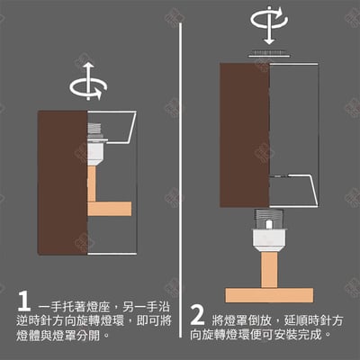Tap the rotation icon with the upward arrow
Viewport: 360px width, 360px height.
coord(87,86)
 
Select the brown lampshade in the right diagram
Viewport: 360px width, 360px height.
coord(245,135)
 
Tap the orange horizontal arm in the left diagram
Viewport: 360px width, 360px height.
coord(109,209)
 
